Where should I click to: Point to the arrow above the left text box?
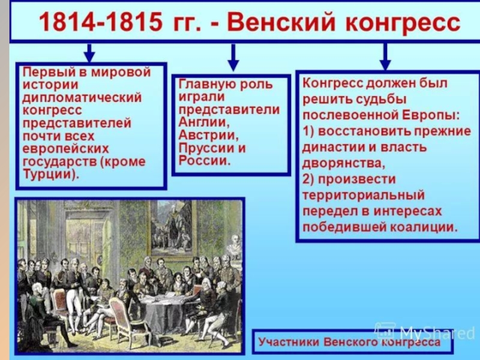tap(89, 52)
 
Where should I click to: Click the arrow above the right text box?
tap(385, 57)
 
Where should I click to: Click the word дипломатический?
tap(82, 98)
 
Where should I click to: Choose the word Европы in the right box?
tap(429, 113)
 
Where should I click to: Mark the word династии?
tap(332, 146)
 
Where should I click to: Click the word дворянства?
tap(341, 162)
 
